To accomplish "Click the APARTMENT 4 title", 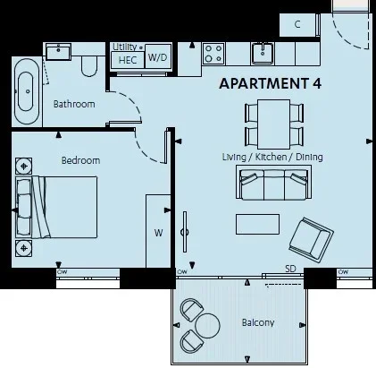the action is point(271,83).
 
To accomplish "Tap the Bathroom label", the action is point(74,104).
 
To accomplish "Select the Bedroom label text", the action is point(80,160).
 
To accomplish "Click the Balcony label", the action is point(258,322).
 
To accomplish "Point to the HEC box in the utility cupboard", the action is point(128,60).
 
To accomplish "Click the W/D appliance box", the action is point(158,57).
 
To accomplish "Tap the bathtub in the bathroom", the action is point(27,91).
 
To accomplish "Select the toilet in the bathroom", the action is point(89,65).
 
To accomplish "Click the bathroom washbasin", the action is point(58,51).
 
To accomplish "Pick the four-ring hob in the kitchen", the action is point(213,54).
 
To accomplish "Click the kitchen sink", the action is point(263,53).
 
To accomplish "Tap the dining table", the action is point(273,124).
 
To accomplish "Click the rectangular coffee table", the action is point(257,224).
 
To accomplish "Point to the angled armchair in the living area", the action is point(311,238).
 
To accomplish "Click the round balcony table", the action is point(207,326).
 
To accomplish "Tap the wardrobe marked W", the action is point(158,231).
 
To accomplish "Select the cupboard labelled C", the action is point(297,25).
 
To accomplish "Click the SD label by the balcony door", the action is point(290,269).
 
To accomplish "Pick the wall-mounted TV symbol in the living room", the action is point(185,232).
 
